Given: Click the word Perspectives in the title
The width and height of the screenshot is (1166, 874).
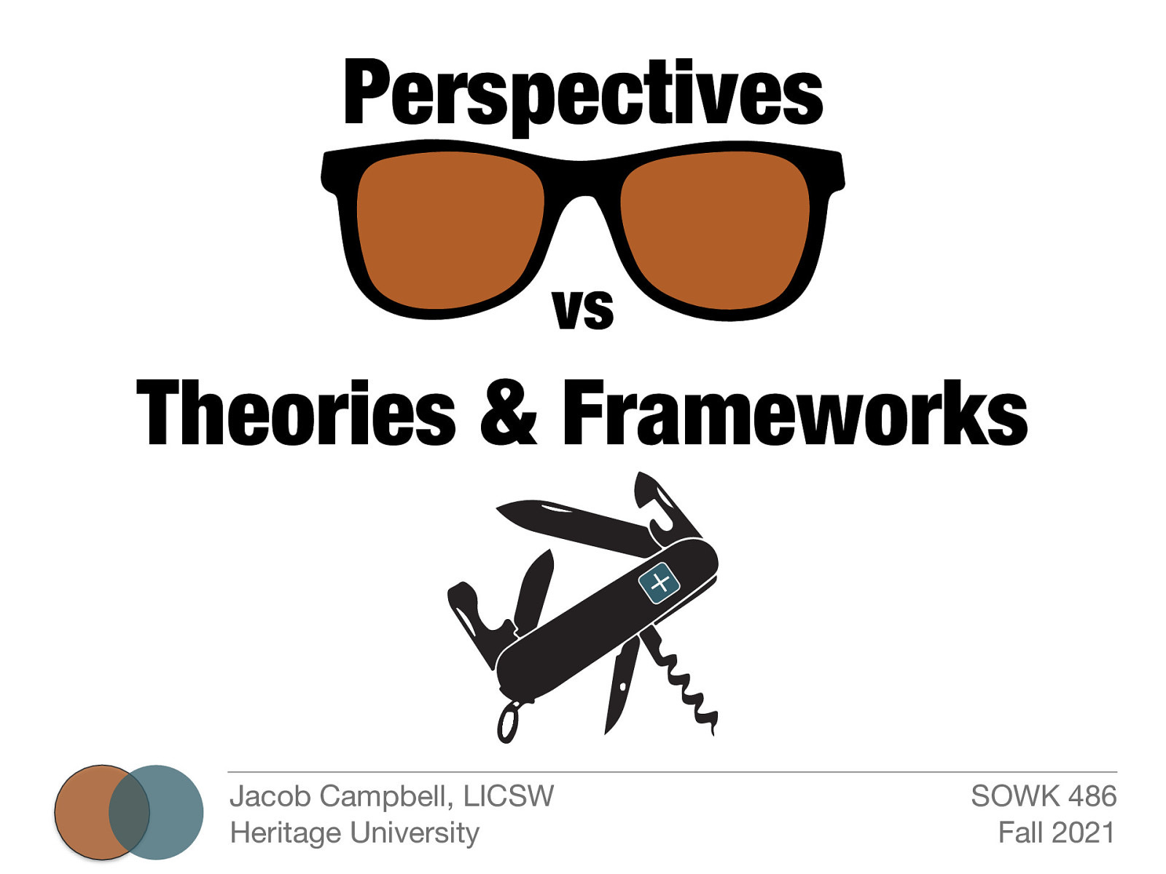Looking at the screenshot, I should click(583, 93).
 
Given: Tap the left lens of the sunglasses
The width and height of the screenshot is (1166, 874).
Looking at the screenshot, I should click(450, 229).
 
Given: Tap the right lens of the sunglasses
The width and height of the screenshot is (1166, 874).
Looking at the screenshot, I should click(715, 229).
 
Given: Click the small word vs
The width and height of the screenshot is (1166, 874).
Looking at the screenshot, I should click(583, 309).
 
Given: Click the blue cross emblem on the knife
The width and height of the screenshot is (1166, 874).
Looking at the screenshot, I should click(659, 583).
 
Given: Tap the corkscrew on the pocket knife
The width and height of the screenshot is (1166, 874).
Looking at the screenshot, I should click(685, 685).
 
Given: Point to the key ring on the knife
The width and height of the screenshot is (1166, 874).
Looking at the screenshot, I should click(507, 722).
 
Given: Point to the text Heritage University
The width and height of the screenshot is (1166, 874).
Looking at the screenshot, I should click(354, 832).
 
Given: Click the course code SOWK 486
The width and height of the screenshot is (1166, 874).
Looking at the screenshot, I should click(1043, 796).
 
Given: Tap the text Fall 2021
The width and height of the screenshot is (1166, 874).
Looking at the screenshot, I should click(1056, 832).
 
